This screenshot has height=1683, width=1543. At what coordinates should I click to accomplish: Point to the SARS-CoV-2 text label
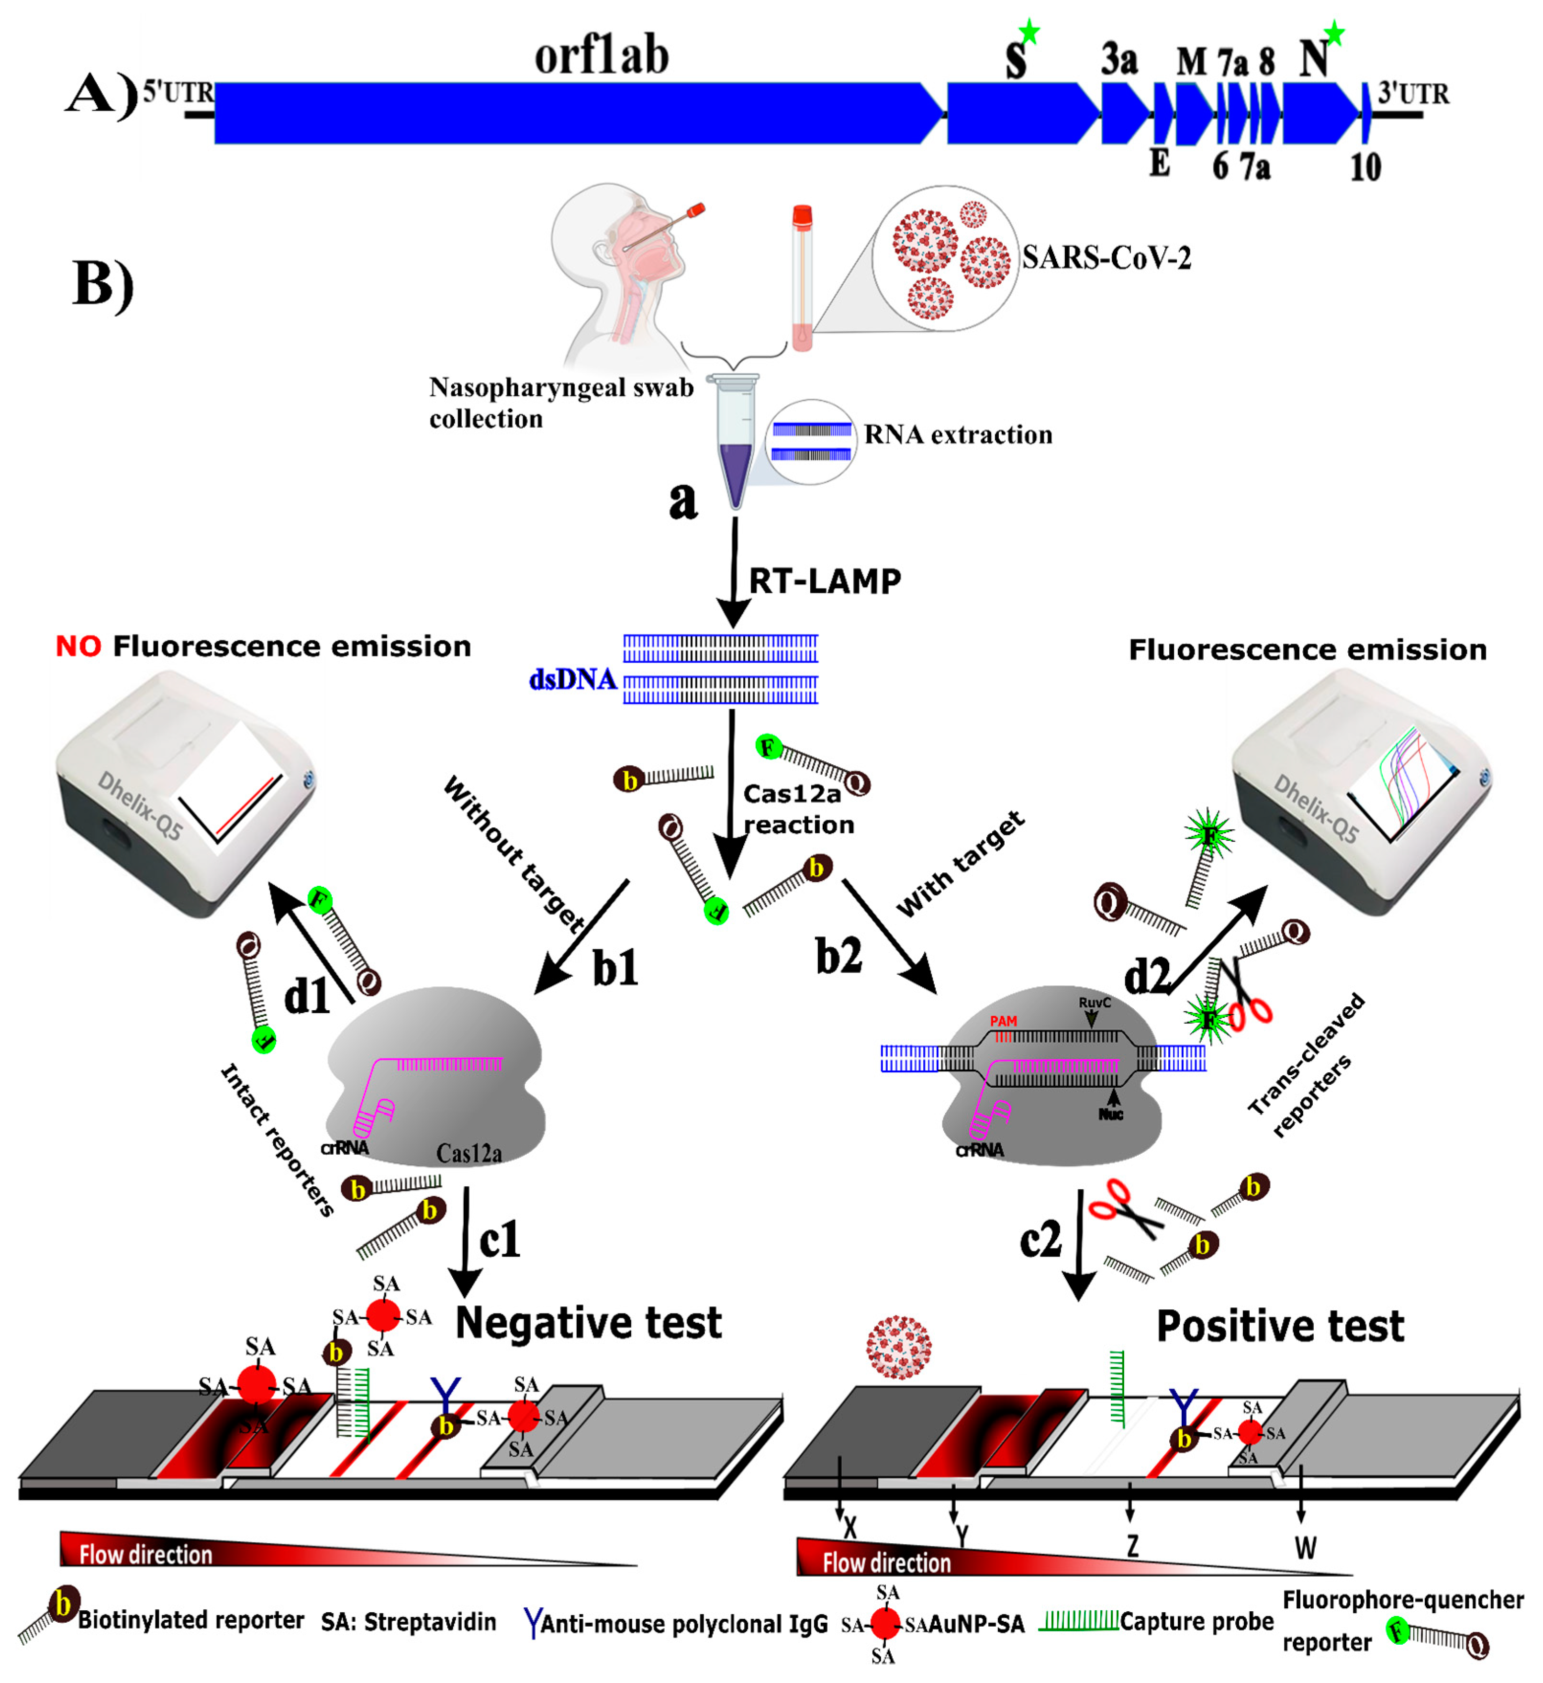[x=1107, y=258]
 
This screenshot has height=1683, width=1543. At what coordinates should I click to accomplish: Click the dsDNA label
[x=573, y=680]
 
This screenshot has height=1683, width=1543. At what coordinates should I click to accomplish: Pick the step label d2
[x=1146, y=975]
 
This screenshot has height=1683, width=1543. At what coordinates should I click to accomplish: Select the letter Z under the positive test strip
[x=1132, y=1546]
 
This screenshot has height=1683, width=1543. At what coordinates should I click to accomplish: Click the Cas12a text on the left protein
[x=469, y=1154]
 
